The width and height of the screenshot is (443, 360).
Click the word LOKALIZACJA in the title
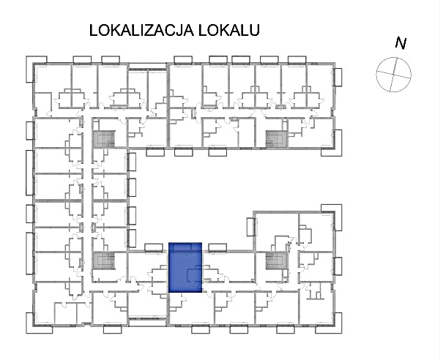click(x=141, y=30)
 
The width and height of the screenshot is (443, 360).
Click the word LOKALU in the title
click(x=229, y=30)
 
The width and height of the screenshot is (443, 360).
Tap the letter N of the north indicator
click(x=401, y=43)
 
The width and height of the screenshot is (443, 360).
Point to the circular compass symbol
click(x=393, y=75)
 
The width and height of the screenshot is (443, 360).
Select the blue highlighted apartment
click(x=185, y=267)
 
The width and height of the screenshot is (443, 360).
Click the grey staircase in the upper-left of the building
click(x=104, y=138)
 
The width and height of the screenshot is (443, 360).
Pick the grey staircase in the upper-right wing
click(x=276, y=138)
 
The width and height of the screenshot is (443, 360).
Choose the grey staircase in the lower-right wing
click(x=276, y=261)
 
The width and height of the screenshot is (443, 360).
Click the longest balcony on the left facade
click(x=30, y=173)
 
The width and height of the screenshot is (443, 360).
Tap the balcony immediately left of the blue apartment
click(x=154, y=247)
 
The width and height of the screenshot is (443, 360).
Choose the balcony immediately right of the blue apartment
click(x=217, y=247)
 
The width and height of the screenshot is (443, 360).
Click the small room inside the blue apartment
click(x=194, y=274)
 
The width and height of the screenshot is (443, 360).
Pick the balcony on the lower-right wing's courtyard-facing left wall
click(x=251, y=227)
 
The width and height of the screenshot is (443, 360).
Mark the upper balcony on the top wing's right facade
click(x=338, y=77)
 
